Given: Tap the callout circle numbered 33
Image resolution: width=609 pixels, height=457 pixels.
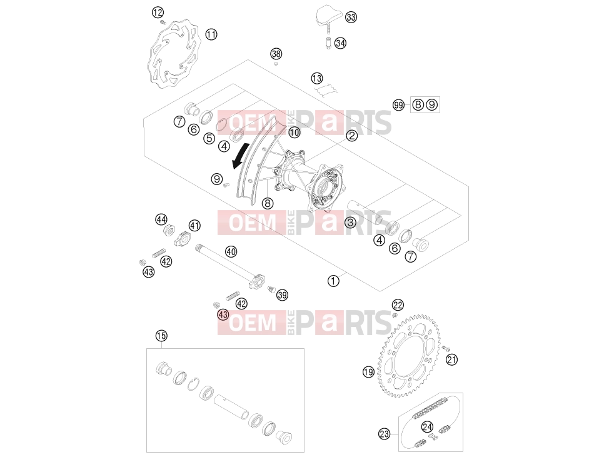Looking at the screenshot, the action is pos(351,17).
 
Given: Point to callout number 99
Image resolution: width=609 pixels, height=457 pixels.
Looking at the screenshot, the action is pos(398,105).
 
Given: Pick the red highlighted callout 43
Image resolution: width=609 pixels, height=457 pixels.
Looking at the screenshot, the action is pos(223,314).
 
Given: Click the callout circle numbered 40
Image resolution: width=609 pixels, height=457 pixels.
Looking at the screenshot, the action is pos(231,251).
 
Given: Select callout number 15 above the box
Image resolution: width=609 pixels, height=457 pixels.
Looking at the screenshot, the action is pos(161,336).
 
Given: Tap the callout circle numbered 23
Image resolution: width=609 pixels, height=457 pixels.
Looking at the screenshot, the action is pos(384,434).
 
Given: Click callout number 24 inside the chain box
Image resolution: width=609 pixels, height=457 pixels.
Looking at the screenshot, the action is pos(427,427).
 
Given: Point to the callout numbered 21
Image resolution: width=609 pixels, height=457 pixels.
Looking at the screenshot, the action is pos(451,360).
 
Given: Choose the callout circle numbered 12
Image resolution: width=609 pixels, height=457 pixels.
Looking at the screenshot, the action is pos(158,13).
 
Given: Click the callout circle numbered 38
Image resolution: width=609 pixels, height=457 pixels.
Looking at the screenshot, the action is pos(276,54).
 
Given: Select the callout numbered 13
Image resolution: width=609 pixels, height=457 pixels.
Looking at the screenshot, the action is pos(317,78).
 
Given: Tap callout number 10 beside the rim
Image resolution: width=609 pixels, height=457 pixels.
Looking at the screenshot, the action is pos(294,133).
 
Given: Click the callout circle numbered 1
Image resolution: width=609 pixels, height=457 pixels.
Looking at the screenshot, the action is pos(333,281).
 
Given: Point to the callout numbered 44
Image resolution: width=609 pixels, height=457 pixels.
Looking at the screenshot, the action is pos(161,219).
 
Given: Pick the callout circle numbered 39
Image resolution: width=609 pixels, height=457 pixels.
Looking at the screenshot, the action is pos(283,295).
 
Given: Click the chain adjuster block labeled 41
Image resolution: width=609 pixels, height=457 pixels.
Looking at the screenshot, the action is pos(183,238).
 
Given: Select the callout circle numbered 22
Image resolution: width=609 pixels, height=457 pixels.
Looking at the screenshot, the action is pos(398,305).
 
